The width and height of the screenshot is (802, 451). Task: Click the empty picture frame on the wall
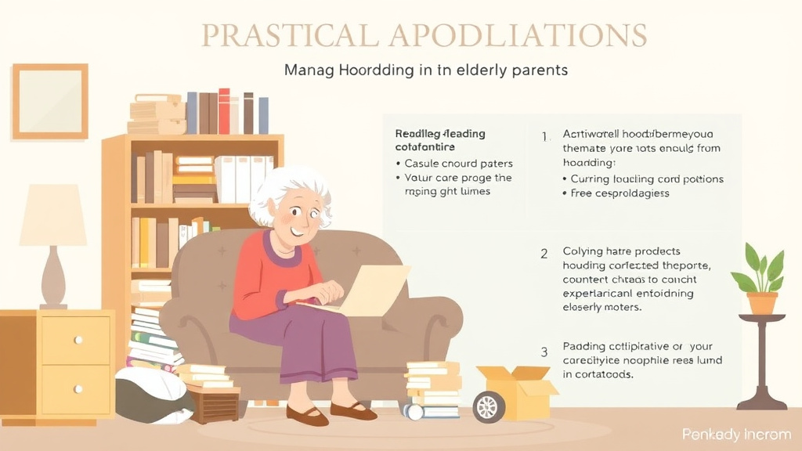coord(50,101)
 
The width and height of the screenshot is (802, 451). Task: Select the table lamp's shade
coord(53,216)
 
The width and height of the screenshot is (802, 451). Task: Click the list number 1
coord(545,135)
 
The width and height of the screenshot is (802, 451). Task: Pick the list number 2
coord(544,253)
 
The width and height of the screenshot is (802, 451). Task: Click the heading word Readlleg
coord(417,134)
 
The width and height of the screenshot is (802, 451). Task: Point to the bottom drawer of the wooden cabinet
coord(75,388)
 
